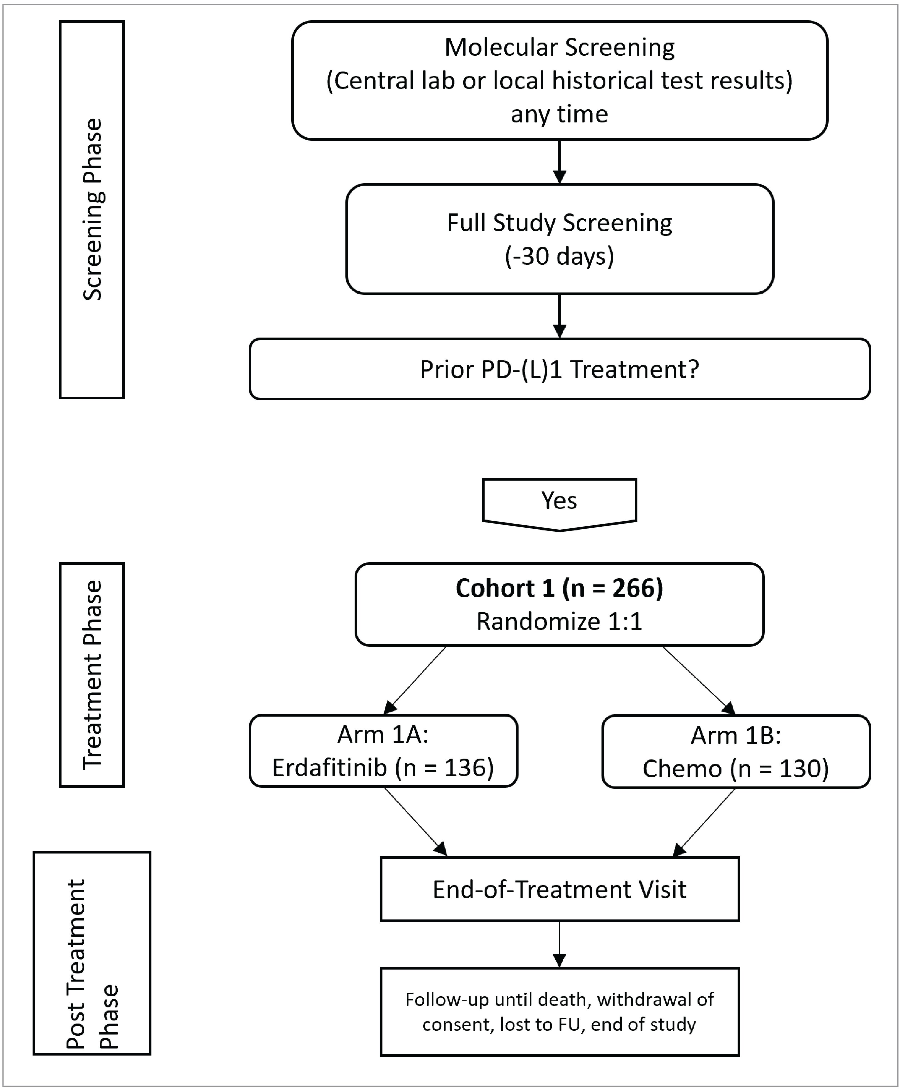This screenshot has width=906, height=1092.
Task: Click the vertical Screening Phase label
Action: click(x=92, y=210)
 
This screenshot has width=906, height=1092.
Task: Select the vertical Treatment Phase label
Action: click(x=92, y=675)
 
